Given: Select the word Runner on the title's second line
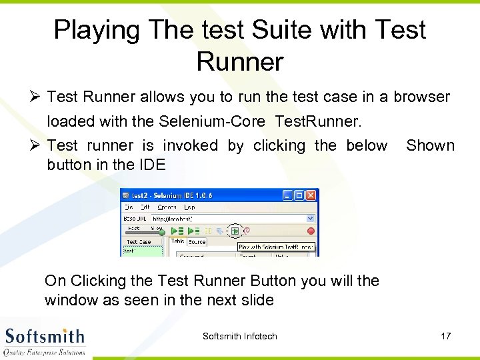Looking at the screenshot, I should pyautogui.click(x=240, y=62).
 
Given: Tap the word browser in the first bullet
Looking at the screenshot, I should pyautogui.click(x=421, y=97).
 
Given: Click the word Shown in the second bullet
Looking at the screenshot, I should pyautogui.click(x=430, y=145).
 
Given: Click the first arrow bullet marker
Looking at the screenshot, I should pyautogui.click(x=35, y=97).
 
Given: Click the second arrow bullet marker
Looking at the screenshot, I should pyautogui.click(x=35, y=146).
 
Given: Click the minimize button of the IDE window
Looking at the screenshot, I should pyautogui.click(x=287, y=195).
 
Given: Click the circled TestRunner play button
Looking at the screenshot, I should pyautogui.click(x=235, y=231).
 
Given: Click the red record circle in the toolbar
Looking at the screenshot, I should pyautogui.click(x=310, y=231).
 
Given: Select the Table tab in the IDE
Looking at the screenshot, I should pyautogui.click(x=177, y=241).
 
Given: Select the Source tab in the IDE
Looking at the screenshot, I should pyautogui.click(x=197, y=241).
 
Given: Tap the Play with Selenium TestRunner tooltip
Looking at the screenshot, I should pyautogui.click(x=277, y=247).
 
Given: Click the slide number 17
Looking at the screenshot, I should pyautogui.click(x=445, y=336).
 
